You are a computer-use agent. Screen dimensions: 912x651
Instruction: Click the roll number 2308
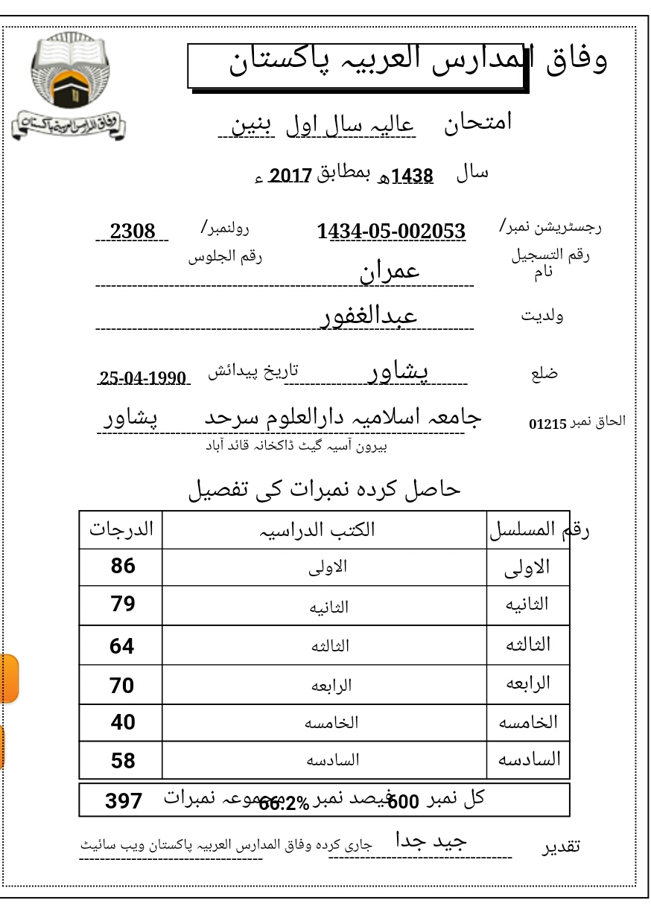click(133, 232)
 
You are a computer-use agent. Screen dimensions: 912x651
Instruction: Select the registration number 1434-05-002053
click(392, 232)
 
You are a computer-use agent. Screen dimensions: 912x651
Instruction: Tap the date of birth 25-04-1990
click(143, 377)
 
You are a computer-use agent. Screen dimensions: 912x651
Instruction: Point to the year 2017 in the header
click(289, 176)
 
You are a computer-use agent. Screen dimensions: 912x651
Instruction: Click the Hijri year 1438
click(412, 176)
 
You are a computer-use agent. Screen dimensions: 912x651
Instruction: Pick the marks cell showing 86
click(123, 567)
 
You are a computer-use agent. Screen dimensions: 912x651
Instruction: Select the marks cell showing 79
click(123, 604)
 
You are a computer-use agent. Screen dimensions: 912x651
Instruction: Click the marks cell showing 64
click(122, 646)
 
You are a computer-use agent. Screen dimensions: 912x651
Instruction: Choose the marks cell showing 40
click(123, 722)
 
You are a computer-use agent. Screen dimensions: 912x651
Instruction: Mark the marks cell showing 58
click(123, 761)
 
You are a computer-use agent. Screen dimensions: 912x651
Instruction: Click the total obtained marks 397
click(124, 801)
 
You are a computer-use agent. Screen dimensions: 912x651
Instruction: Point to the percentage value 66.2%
click(284, 803)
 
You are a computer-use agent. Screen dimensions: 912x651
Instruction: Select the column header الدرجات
click(121, 529)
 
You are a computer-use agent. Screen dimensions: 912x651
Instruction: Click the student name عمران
click(390, 271)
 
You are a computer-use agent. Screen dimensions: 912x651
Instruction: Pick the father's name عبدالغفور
click(369, 316)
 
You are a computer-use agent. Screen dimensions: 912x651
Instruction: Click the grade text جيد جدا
click(431, 841)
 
